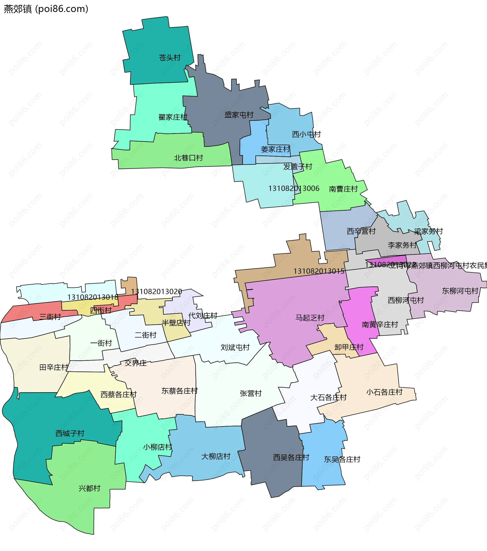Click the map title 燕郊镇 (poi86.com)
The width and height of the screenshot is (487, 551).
point(46,9)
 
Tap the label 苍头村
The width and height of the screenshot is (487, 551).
point(169,57)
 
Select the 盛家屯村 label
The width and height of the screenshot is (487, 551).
point(239,115)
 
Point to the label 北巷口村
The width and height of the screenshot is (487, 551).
point(188,158)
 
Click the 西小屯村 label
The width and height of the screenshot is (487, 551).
point(306,134)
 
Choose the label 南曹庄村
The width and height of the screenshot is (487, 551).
point(343,189)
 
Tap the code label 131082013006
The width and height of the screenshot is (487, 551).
point(294,188)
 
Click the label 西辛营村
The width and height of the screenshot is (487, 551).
point(361,231)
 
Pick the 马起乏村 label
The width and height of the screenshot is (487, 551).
point(310,318)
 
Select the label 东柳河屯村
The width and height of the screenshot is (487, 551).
point(460,291)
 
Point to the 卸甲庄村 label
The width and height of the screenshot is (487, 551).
point(349,347)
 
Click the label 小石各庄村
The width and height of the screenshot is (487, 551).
point(385,392)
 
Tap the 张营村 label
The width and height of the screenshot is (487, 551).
point(251,393)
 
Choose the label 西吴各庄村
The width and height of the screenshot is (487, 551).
point(291,458)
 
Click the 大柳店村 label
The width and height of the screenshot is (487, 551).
point(216,456)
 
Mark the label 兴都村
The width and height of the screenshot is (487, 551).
point(89,488)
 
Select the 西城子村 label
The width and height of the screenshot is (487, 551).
point(70,433)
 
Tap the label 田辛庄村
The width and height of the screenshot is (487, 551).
point(54,367)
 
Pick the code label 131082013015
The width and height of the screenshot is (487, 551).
point(319,271)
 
